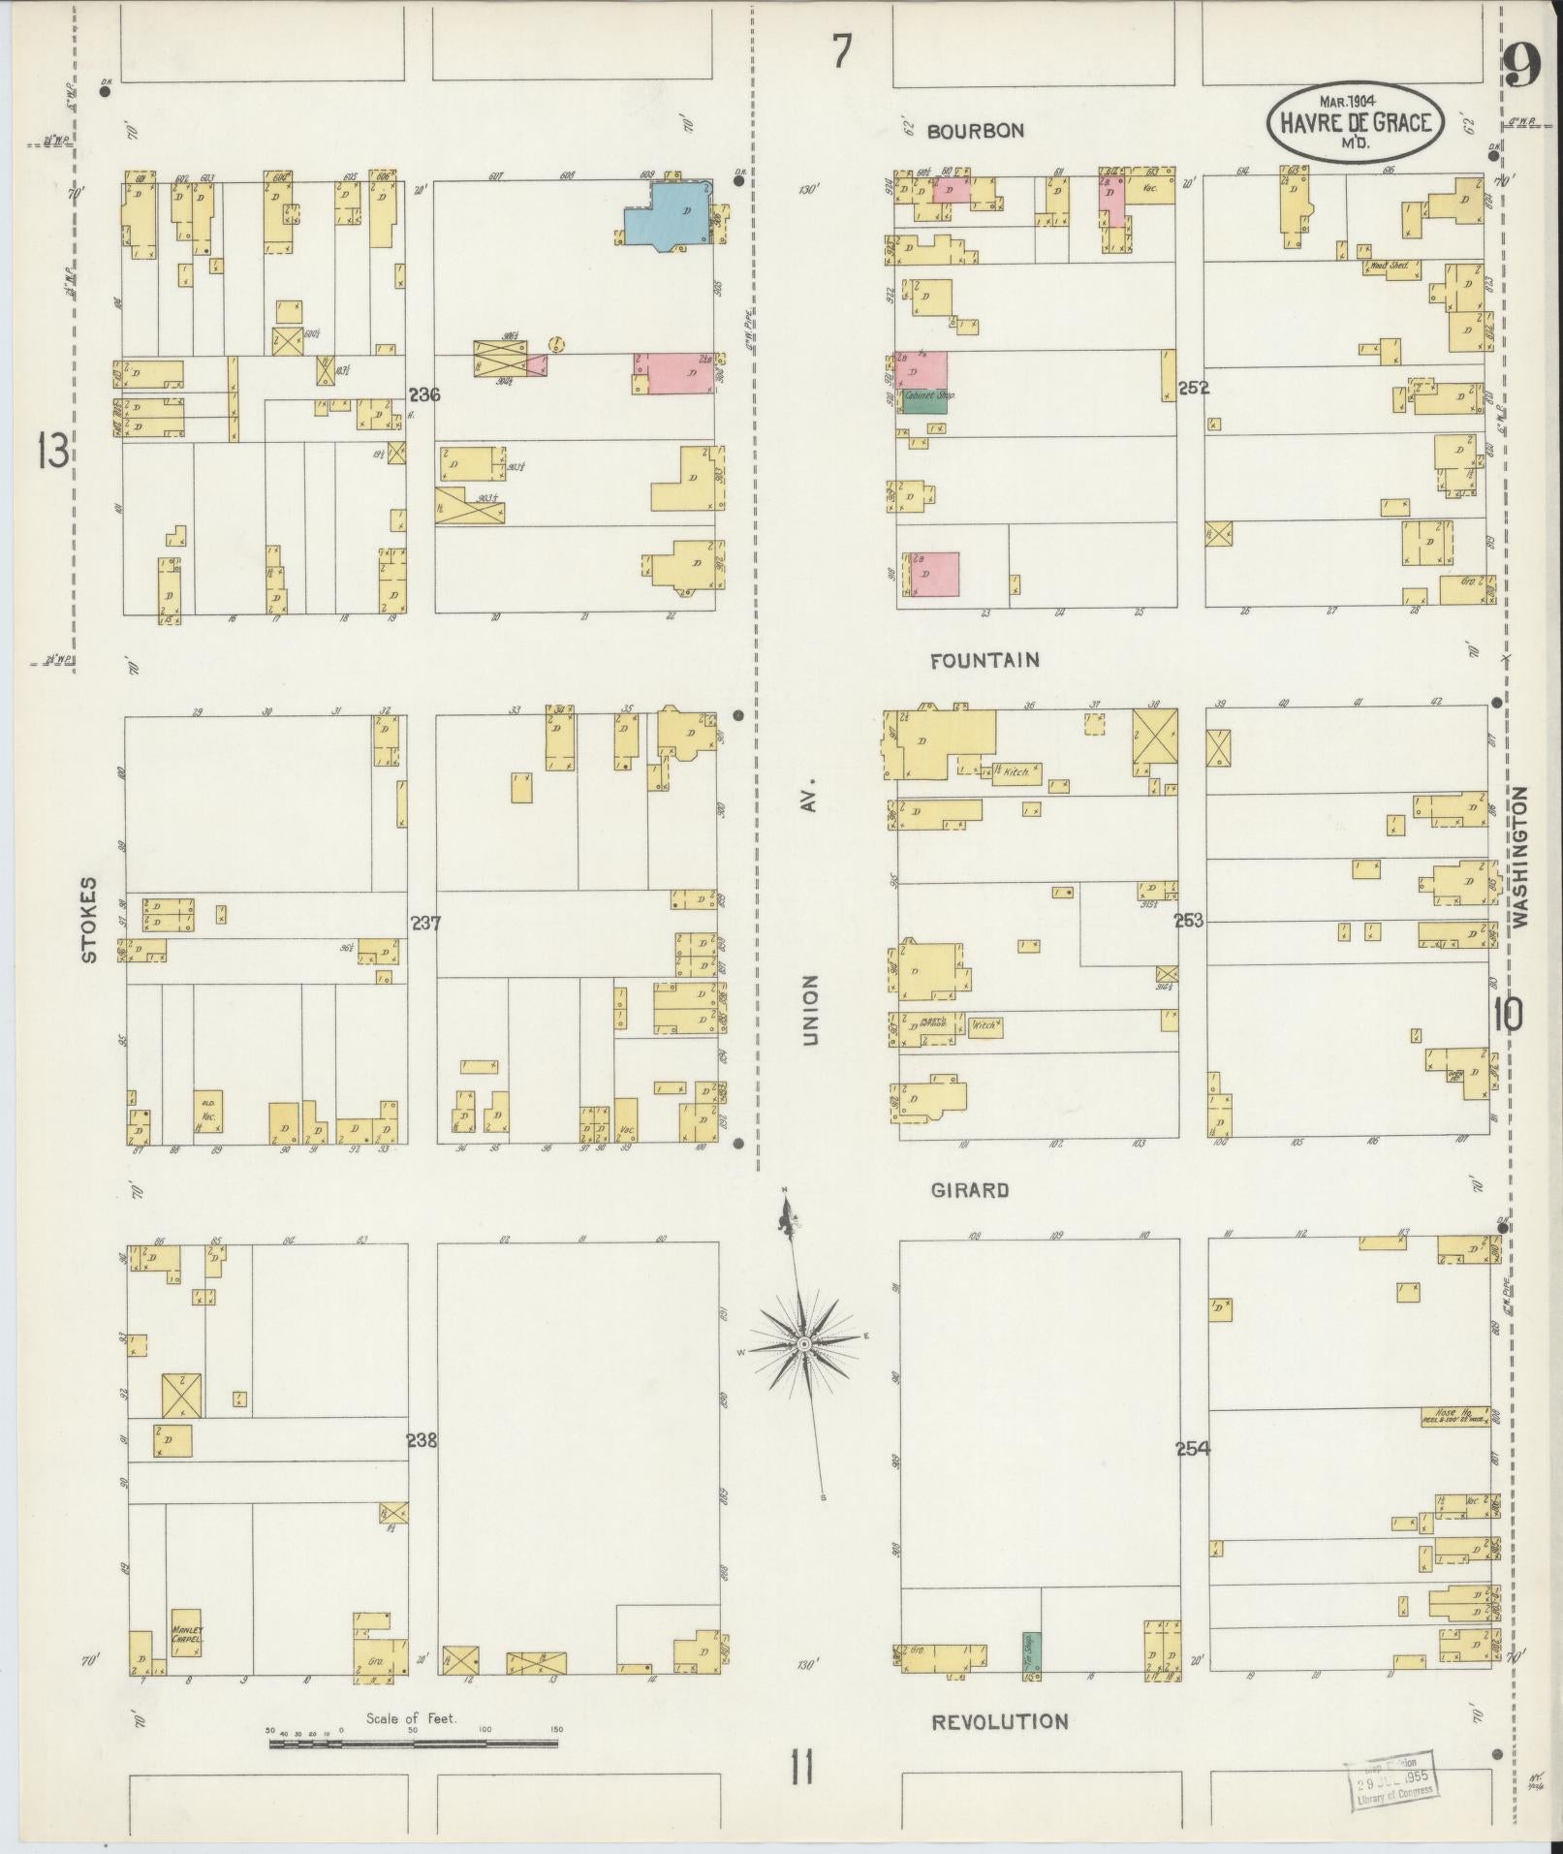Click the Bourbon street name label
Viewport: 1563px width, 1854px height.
pos(975,131)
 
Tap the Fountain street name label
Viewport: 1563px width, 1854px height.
pos(985,661)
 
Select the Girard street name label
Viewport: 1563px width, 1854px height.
pos(970,1190)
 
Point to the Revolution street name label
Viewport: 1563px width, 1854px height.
pos(999,1722)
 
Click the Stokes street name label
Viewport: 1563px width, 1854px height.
pos(89,920)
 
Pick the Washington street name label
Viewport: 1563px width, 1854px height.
pos(1517,858)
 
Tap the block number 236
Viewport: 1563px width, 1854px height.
pos(424,395)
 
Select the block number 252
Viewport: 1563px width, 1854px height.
pos(1193,389)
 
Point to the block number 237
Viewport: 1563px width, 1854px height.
pos(425,924)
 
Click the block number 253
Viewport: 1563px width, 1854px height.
pos(1188,921)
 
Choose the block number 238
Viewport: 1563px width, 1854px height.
pos(422,1441)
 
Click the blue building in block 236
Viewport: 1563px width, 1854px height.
pos(668,215)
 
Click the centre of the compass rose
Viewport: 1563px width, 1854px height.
pos(803,1344)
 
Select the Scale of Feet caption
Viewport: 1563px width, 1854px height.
pos(411,1719)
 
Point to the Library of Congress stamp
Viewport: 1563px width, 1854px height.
pos(1390,1779)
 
